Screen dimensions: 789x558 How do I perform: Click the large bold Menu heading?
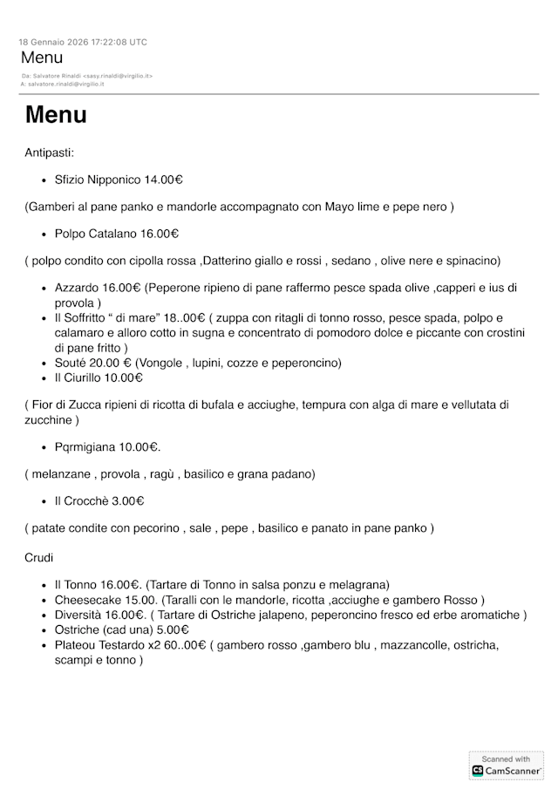[56, 115]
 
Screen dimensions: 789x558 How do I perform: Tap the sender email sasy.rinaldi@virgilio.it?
[123, 76]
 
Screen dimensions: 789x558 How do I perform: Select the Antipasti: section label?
[50, 153]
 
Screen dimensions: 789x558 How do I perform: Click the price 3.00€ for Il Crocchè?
[127, 500]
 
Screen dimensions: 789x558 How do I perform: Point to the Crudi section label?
[39, 557]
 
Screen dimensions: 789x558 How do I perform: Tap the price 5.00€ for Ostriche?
[173, 629]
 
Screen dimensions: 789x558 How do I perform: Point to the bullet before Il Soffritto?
[44, 318]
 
